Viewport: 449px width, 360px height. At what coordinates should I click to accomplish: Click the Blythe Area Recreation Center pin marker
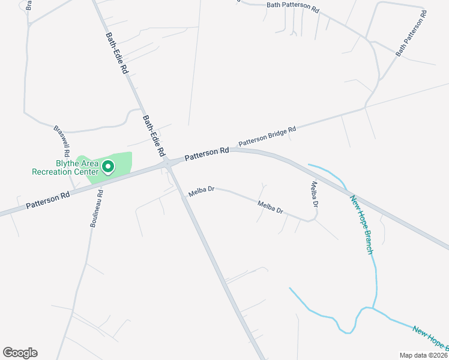(108, 166)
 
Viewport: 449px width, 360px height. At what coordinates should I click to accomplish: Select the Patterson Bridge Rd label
(268, 137)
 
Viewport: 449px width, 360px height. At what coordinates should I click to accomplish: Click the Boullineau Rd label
(96, 208)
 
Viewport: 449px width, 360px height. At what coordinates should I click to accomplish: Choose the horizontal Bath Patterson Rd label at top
(293, 5)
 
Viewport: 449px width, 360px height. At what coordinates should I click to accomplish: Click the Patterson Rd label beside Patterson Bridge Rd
(206, 154)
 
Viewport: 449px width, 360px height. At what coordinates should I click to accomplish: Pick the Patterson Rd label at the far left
(47, 200)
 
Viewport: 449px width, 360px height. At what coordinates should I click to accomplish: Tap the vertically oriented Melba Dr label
(314, 194)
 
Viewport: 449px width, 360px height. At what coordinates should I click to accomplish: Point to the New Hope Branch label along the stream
(361, 224)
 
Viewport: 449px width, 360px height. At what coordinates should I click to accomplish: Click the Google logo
(20, 353)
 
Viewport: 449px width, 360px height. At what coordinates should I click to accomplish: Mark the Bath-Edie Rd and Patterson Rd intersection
(169, 163)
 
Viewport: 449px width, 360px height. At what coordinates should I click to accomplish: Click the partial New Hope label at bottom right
(430, 338)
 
